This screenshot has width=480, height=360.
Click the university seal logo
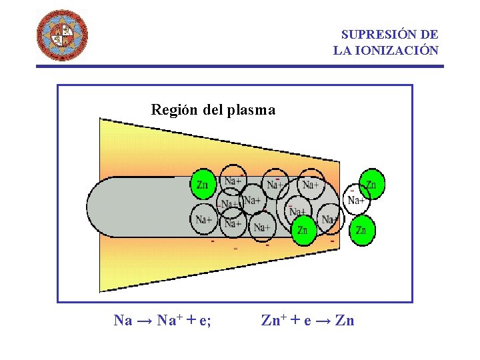coord(61,35)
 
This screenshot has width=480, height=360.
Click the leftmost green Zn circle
coord(203,185)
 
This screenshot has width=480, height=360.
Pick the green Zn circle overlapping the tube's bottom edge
coord(303,229)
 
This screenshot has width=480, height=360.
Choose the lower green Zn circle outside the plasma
coord(361,231)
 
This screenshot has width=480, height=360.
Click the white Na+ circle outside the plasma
coord(356,200)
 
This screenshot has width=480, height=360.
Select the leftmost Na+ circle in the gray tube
coord(204,219)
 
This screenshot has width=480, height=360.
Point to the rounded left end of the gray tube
coord(100,207)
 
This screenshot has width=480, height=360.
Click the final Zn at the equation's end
coord(345,321)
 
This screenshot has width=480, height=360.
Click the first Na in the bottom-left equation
coord(123,321)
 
